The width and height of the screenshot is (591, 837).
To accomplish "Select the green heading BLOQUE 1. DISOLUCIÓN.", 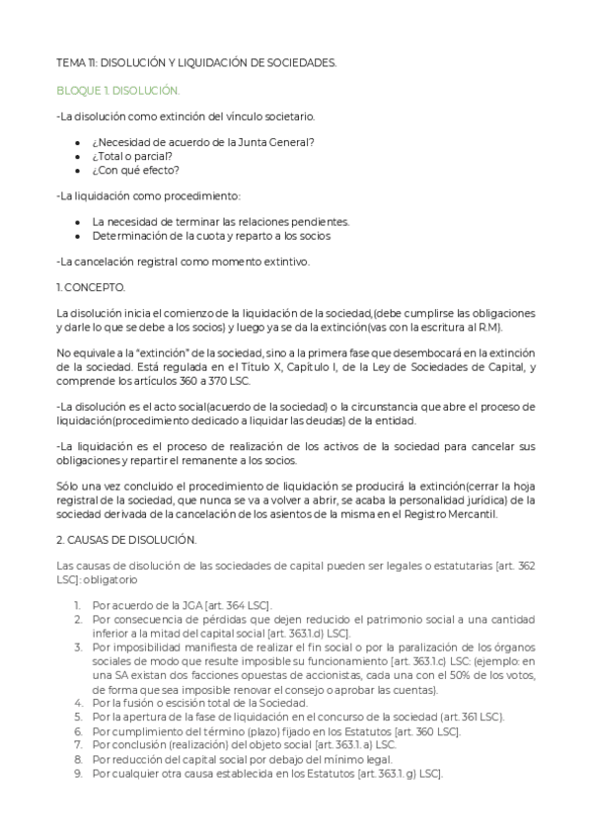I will pos(118,90).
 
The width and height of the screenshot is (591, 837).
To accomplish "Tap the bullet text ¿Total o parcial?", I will pos(132,155).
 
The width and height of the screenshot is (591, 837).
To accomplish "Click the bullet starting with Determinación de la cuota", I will pos(211,236).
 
